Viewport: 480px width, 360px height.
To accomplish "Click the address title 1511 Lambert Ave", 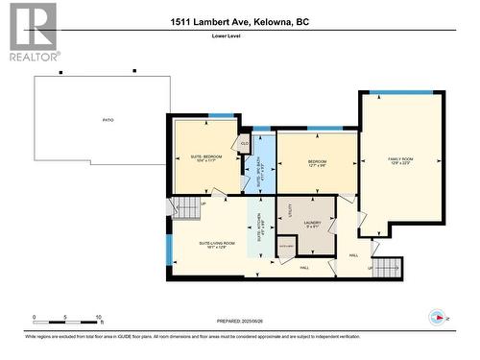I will coord(240,21).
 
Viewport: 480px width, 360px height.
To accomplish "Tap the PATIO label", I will coord(108,120).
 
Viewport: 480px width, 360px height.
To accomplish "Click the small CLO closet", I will coord(245,143).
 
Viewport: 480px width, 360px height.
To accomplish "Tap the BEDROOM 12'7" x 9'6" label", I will coord(318,163).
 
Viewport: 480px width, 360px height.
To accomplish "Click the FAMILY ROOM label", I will coord(400,160).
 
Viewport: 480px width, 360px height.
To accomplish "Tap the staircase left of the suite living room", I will coord(182,204).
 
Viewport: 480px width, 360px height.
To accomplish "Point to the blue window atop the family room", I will coord(401,92).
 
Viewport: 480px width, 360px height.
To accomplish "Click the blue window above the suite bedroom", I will coord(222,116).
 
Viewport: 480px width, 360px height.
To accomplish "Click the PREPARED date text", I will coord(240,322).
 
